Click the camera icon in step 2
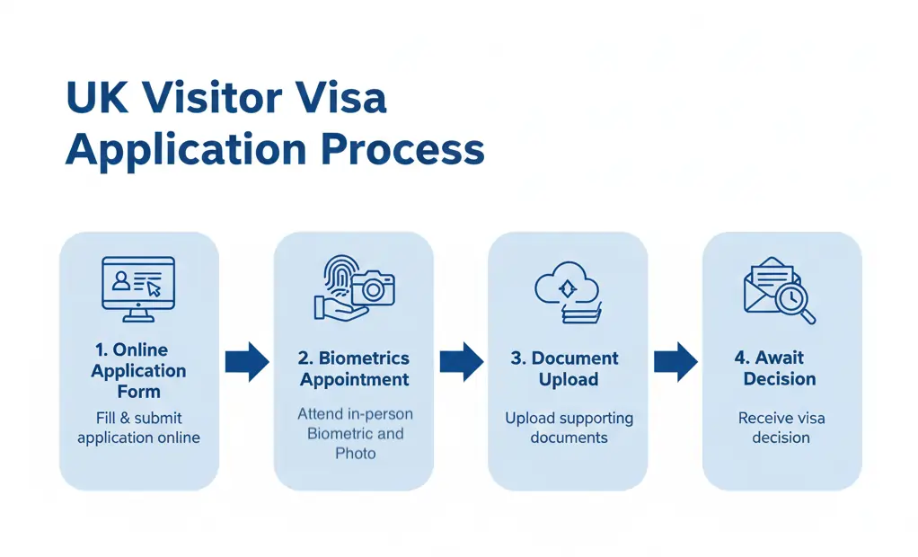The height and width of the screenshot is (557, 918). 373,288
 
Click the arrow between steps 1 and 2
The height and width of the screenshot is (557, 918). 246,362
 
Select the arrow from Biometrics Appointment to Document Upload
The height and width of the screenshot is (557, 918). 461,362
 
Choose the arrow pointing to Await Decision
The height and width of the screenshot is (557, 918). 675,362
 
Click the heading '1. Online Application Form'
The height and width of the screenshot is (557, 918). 138,370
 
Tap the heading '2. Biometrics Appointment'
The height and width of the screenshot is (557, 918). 354,368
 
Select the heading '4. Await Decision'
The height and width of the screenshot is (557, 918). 780,368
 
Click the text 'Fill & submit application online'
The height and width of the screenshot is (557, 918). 138,428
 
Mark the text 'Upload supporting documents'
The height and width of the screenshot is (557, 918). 568,428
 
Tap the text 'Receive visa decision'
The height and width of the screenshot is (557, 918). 781,428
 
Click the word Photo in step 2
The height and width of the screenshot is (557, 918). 355,454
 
